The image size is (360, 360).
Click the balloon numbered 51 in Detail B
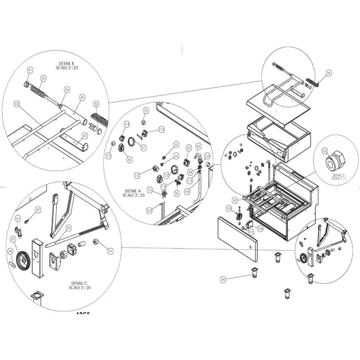(30, 70)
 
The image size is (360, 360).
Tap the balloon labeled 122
(17, 104)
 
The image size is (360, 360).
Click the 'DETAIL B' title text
(67, 63)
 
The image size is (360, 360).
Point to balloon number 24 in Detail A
(146, 110)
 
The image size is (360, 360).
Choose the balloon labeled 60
(130, 159)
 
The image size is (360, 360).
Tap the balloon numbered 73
(150, 191)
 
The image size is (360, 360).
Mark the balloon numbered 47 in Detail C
(38, 210)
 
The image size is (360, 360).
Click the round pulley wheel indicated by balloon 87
(22, 260)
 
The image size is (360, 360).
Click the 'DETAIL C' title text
(79, 285)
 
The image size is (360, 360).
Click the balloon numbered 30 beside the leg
(222, 279)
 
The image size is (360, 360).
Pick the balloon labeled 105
(228, 208)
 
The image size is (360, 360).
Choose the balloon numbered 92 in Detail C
(69, 228)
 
